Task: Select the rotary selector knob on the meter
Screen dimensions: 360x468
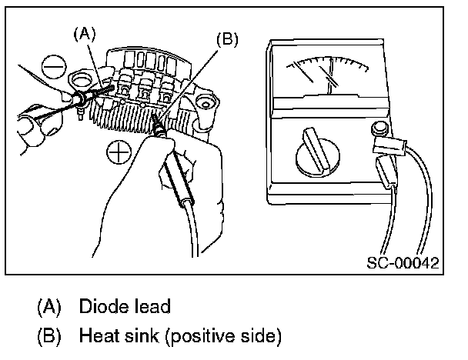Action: click(x=316, y=153)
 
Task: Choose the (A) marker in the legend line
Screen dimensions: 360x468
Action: click(x=49, y=307)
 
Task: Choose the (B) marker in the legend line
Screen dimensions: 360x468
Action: click(x=49, y=336)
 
